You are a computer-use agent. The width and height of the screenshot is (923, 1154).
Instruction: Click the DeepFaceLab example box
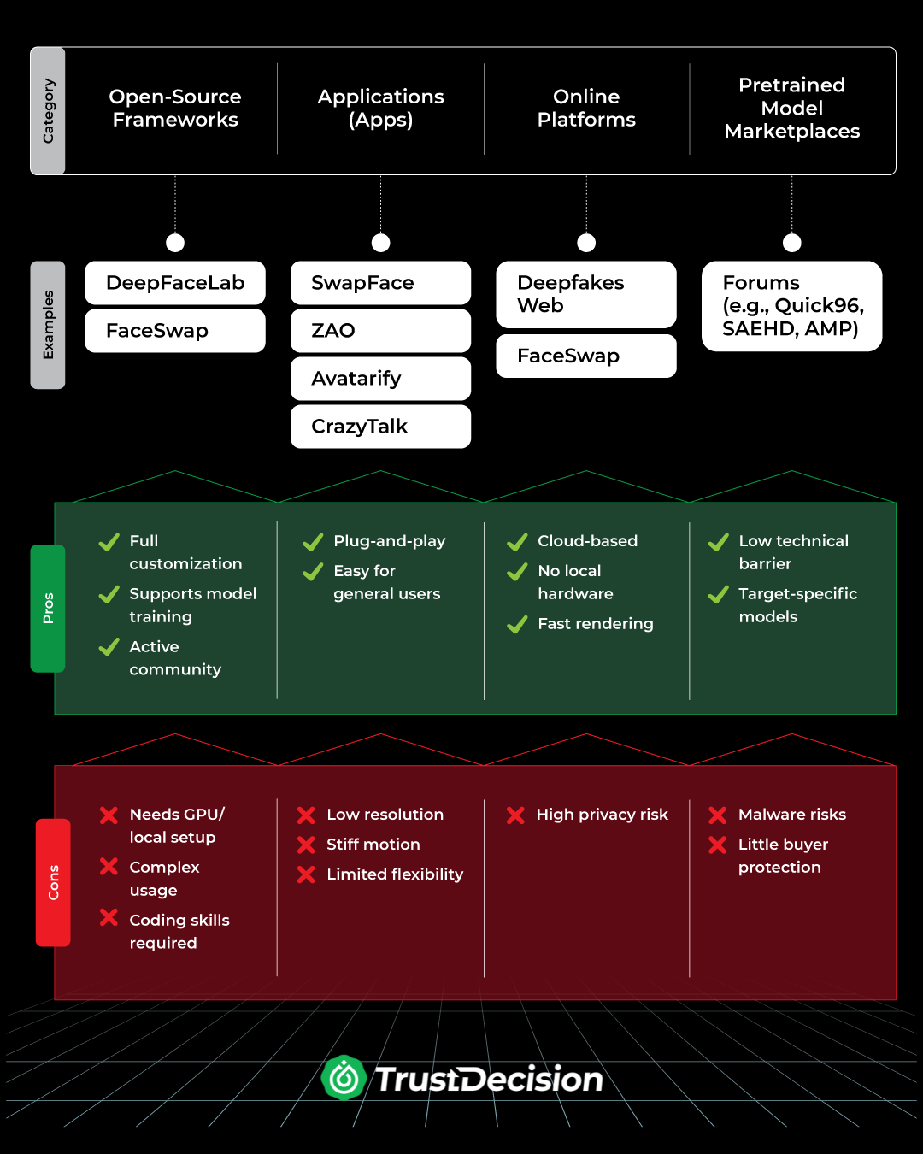point(175,283)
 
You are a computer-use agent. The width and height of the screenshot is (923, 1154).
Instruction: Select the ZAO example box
point(380,331)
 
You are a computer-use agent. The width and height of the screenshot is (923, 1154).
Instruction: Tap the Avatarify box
point(380,379)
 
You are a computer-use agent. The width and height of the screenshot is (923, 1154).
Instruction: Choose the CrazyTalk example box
point(380,427)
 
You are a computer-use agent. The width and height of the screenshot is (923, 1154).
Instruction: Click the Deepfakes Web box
point(586,294)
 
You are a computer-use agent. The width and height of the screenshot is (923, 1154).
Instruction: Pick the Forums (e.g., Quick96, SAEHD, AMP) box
point(791,306)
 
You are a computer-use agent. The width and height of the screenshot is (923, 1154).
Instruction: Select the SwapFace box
point(380,283)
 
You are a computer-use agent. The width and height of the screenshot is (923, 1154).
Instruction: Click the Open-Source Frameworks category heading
point(175,109)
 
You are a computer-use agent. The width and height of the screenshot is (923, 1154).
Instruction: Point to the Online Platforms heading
point(586,109)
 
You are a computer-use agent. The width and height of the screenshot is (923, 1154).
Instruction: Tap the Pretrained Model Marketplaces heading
point(791,109)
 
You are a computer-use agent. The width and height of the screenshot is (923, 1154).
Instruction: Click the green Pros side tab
point(48,608)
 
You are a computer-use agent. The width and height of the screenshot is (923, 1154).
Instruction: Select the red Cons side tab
point(53,882)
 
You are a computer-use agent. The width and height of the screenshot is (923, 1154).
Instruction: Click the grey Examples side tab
point(48,325)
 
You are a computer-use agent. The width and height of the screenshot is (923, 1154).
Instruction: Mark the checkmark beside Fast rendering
point(517,625)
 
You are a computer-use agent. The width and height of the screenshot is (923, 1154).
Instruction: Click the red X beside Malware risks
point(718,815)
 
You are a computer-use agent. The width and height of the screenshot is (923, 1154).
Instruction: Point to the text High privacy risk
point(602,815)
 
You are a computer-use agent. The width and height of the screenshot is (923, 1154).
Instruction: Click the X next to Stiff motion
point(306,845)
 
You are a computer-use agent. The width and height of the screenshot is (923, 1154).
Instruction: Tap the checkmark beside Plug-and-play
point(313,542)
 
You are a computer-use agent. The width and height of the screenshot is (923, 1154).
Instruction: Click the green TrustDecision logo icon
point(344,1078)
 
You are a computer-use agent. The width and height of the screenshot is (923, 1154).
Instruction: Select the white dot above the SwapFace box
point(381,243)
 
